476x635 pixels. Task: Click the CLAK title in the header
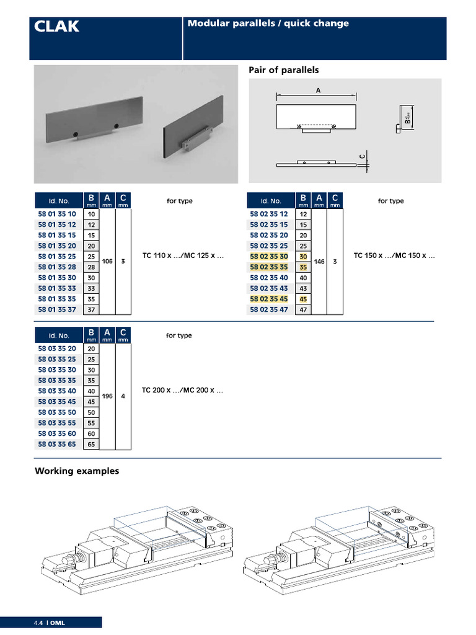tap(56, 26)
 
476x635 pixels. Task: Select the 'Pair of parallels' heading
tap(283, 70)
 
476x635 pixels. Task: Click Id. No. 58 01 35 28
tap(57, 267)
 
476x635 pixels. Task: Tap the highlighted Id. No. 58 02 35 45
tap(269, 299)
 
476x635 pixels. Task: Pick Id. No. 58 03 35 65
tap(57, 444)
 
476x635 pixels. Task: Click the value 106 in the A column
tap(107, 261)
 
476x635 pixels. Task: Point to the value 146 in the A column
tap(319, 262)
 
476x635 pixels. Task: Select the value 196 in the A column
tap(107, 396)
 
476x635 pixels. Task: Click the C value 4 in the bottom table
tap(123, 396)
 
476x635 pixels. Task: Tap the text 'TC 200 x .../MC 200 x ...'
tap(182, 390)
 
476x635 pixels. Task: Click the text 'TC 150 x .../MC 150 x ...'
tap(394, 255)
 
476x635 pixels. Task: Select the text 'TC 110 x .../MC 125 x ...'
tap(183, 255)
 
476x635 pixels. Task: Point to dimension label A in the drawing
tap(318, 91)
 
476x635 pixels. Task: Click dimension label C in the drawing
tap(362, 156)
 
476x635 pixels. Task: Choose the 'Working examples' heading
tap(77, 471)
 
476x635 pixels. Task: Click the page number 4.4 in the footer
tap(38, 623)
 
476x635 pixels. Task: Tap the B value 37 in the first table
tap(92, 310)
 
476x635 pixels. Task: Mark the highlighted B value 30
tap(303, 256)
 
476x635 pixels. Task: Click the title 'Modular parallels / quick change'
tap(268, 24)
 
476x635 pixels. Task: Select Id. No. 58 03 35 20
tap(57, 349)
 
